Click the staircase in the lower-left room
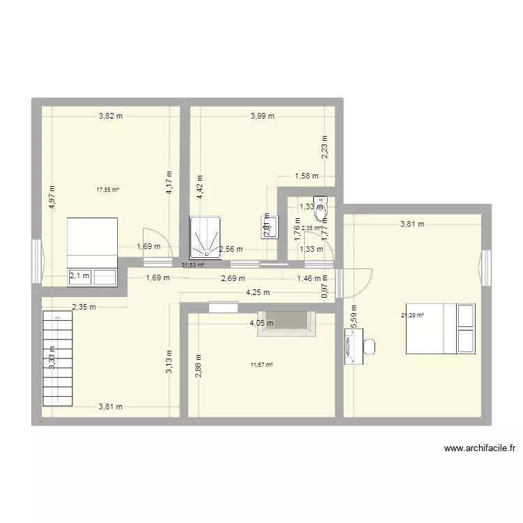pyautogui.click(x=57, y=358)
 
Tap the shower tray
pyautogui.click(x=206, y=236)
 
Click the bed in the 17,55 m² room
pyautogui.click(x=92, y=251)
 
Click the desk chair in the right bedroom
pyautogui.click(x=369, y=347)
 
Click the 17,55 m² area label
pyautogui.click(x=107, y=189)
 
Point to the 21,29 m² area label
pyautogui.click(x=412, y=314)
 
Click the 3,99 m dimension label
pyautogui.click(x=262, y=116)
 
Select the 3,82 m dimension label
pyautogui.click(x=110, y=116)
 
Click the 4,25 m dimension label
pyautogui.click(x=252, y=294)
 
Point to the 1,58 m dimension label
pyautogui.click(x=306, y=176)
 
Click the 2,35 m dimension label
pyautogui.click(x=84, y=306)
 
